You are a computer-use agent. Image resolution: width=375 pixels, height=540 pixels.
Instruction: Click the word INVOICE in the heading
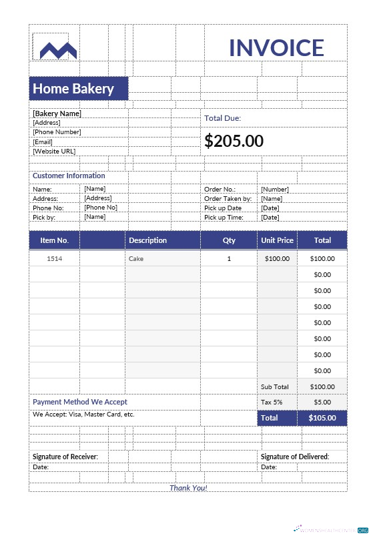[276, 48]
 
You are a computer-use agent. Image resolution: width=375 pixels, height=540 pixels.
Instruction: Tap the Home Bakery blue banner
[78, 89]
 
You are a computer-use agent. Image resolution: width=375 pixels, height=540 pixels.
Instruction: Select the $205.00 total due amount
[234, 141]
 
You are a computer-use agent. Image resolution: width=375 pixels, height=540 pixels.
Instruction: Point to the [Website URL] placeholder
[54, 152]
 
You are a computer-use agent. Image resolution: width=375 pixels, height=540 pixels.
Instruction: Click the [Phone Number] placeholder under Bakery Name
[57, 132]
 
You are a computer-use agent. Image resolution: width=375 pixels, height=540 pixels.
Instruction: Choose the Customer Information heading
[69, 176]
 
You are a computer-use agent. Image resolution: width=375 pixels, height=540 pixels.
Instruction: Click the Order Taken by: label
[228, 198]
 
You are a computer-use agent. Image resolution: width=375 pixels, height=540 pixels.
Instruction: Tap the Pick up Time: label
[224, 217]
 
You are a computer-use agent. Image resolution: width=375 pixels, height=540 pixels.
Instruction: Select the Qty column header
[229, 240]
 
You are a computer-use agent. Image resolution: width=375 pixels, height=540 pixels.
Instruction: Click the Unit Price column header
[276, 240]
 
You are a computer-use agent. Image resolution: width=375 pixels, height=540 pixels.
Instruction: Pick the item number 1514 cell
[54, 258]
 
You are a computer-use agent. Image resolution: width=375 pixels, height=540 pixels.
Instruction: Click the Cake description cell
[136, 258]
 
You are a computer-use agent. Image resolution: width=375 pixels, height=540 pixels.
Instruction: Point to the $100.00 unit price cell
[277, 258]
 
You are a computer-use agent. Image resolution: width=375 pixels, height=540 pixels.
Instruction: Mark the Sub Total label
[274, 386]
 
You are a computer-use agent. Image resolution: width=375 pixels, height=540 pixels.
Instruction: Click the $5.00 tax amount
[322, 402]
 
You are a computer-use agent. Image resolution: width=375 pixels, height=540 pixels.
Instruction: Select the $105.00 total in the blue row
[322, 418]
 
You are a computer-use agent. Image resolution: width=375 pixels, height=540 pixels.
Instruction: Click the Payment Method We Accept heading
[80, 402]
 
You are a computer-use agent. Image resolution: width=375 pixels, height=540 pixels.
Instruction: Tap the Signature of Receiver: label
[65, 457]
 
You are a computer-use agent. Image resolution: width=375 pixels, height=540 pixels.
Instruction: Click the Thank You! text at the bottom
[188, 488]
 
